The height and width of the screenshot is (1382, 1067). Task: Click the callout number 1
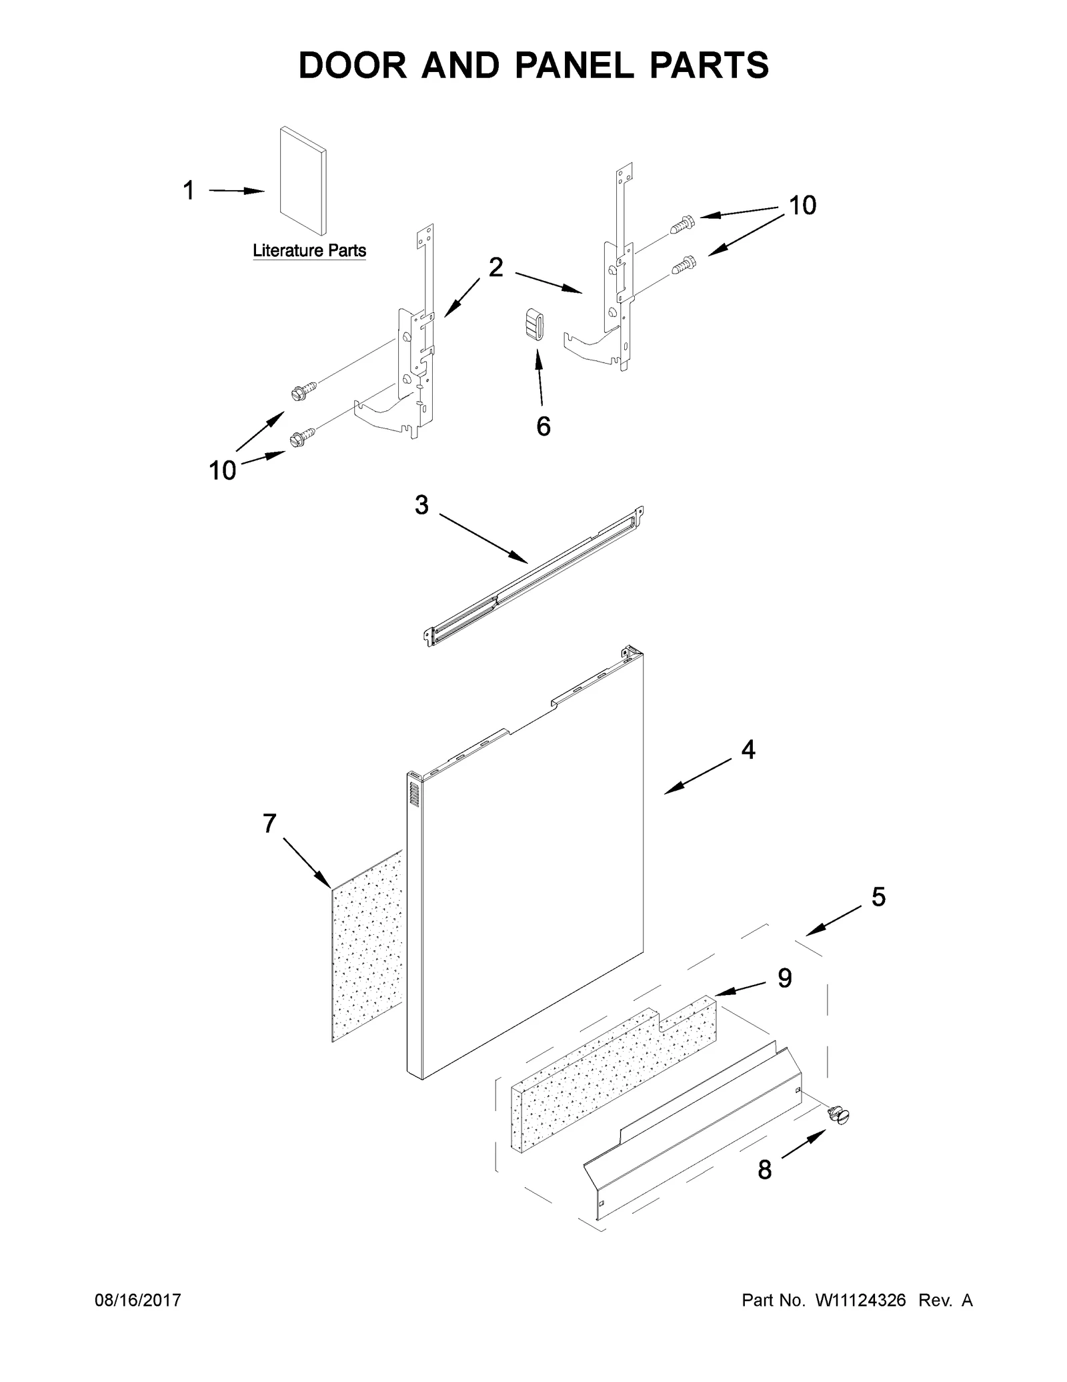tap(189, 191)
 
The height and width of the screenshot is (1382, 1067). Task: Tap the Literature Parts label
tap(309, 251)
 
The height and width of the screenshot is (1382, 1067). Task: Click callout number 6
tap(544, 426)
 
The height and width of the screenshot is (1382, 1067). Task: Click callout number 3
tap(421, 505)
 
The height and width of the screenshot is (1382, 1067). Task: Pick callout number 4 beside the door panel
tap(748, 750)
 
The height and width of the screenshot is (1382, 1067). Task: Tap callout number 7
tap(269, 823)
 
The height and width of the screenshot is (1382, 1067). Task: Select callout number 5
tap(878, 897)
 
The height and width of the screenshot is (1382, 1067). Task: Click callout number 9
tap(785, 978)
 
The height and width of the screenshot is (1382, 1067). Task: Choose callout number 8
tap(765, 1188)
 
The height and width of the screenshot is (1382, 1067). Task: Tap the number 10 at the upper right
tap(802, 206)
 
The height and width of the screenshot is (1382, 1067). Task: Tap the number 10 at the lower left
tap(223, 471)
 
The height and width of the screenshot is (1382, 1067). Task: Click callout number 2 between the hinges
tap(495, 268)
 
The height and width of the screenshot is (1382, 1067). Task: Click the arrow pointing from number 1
tap(237, 191)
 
